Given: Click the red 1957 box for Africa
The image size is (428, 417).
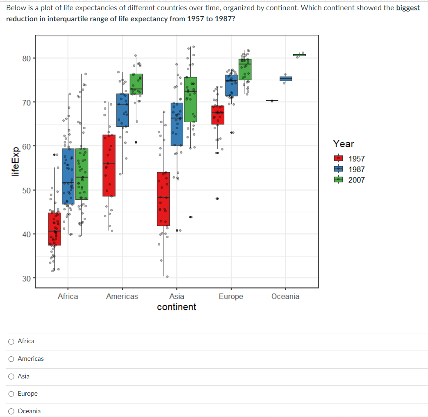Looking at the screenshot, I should coord(55,229).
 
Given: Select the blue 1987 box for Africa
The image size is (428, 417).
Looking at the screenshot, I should coord(68,176).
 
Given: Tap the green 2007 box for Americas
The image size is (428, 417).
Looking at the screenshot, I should coord(136,84).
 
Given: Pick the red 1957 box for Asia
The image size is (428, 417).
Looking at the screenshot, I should coord(163,199).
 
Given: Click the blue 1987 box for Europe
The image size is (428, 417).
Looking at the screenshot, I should coord(231,85).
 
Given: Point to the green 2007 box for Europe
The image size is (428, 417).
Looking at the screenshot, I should coord(245,69).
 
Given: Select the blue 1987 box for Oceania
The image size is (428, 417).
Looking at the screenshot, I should coord(286,79).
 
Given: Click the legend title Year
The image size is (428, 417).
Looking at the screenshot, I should coord(343,144).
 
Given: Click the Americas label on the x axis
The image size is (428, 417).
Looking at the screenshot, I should coord(122,296).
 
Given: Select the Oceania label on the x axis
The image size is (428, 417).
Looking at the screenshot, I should coord(285,296).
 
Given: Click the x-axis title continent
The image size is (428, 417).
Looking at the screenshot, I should coord(177,307).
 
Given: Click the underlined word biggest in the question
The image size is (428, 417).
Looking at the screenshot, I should coord(408,8).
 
